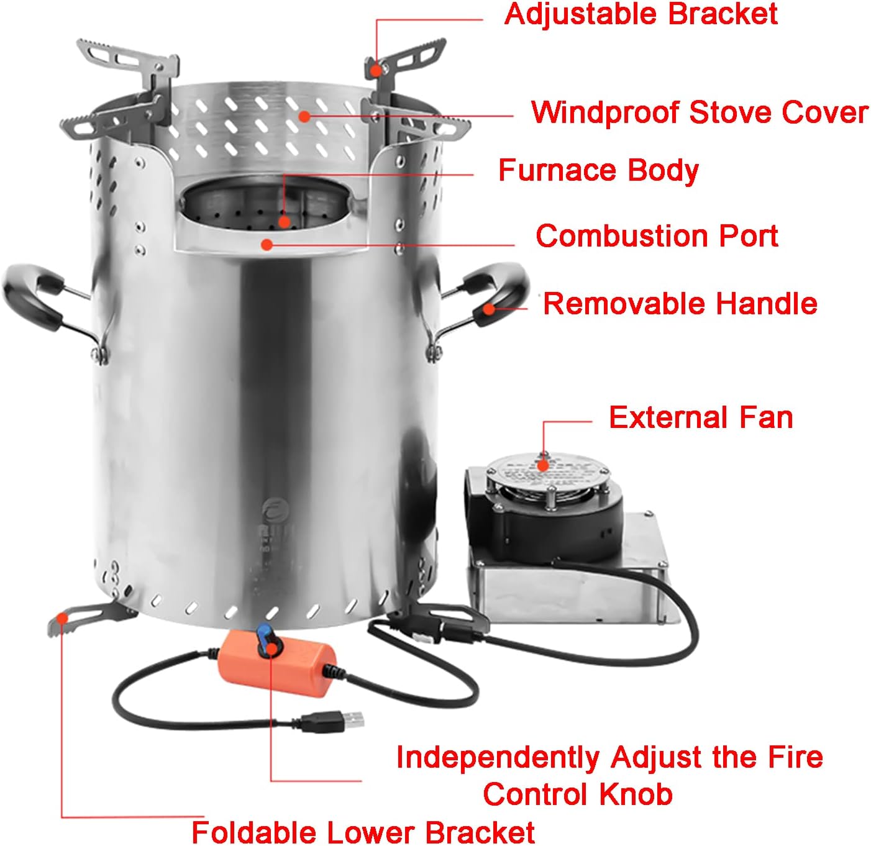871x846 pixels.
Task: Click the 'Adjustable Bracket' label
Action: point(641,14)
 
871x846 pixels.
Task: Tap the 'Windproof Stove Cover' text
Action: point(700,112)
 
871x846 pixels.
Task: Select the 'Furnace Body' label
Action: point(598,170)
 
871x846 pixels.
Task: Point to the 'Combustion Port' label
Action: point(657,236)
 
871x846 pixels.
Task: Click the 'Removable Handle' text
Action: point(680,304)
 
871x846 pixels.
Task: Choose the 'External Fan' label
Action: point(701,417)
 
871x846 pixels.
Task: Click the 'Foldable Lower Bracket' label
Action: point(363,832)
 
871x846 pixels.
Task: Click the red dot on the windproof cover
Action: point(304,116)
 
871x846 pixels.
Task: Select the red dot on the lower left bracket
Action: point(62,617)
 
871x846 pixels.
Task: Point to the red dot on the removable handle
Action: point(490,308)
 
